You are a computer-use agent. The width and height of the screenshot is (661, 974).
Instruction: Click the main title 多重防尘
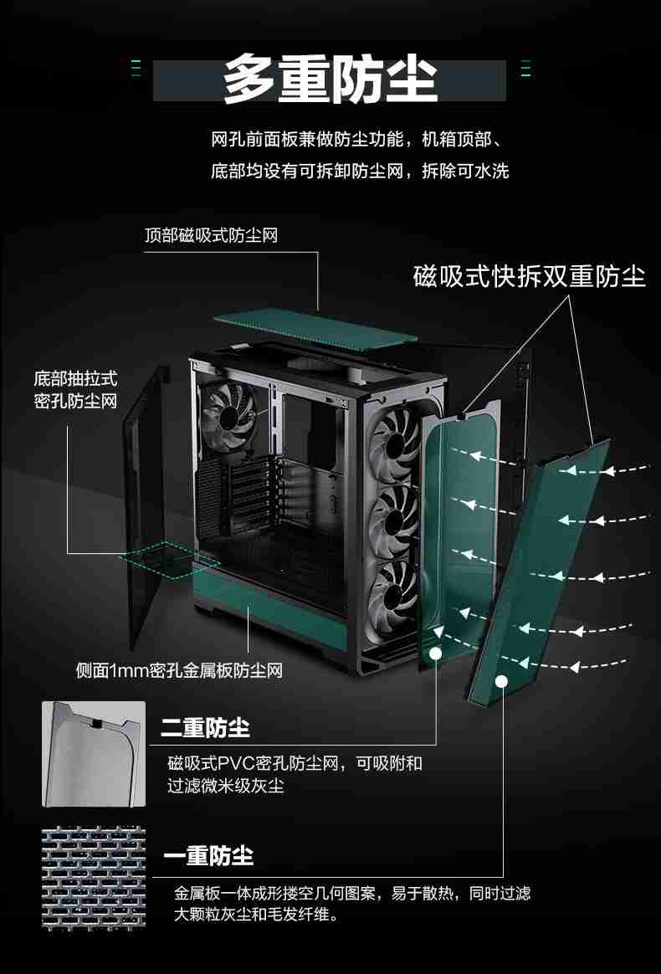coord(330,81)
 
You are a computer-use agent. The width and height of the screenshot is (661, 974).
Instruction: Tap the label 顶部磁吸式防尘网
coord(210,235)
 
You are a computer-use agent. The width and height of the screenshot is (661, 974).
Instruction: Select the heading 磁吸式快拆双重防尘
coord(530,276)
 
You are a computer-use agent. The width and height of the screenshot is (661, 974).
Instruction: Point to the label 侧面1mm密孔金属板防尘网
coord(179,670)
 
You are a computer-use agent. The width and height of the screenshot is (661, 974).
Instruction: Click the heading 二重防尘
coord(205,728)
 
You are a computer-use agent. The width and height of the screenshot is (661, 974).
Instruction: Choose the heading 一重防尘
coord(208,856)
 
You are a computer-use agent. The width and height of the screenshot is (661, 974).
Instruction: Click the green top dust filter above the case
coord(315,325)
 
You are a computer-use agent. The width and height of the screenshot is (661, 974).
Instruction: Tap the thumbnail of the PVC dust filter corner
coord(94,753)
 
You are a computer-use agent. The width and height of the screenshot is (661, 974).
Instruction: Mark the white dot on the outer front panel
coord(501,681)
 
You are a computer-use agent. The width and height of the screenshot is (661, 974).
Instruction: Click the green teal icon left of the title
coord(136,69)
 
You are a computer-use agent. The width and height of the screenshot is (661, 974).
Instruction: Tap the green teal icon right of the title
coord(525,69)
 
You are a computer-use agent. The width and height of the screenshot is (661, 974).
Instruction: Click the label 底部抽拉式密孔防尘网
coord(75,389)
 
